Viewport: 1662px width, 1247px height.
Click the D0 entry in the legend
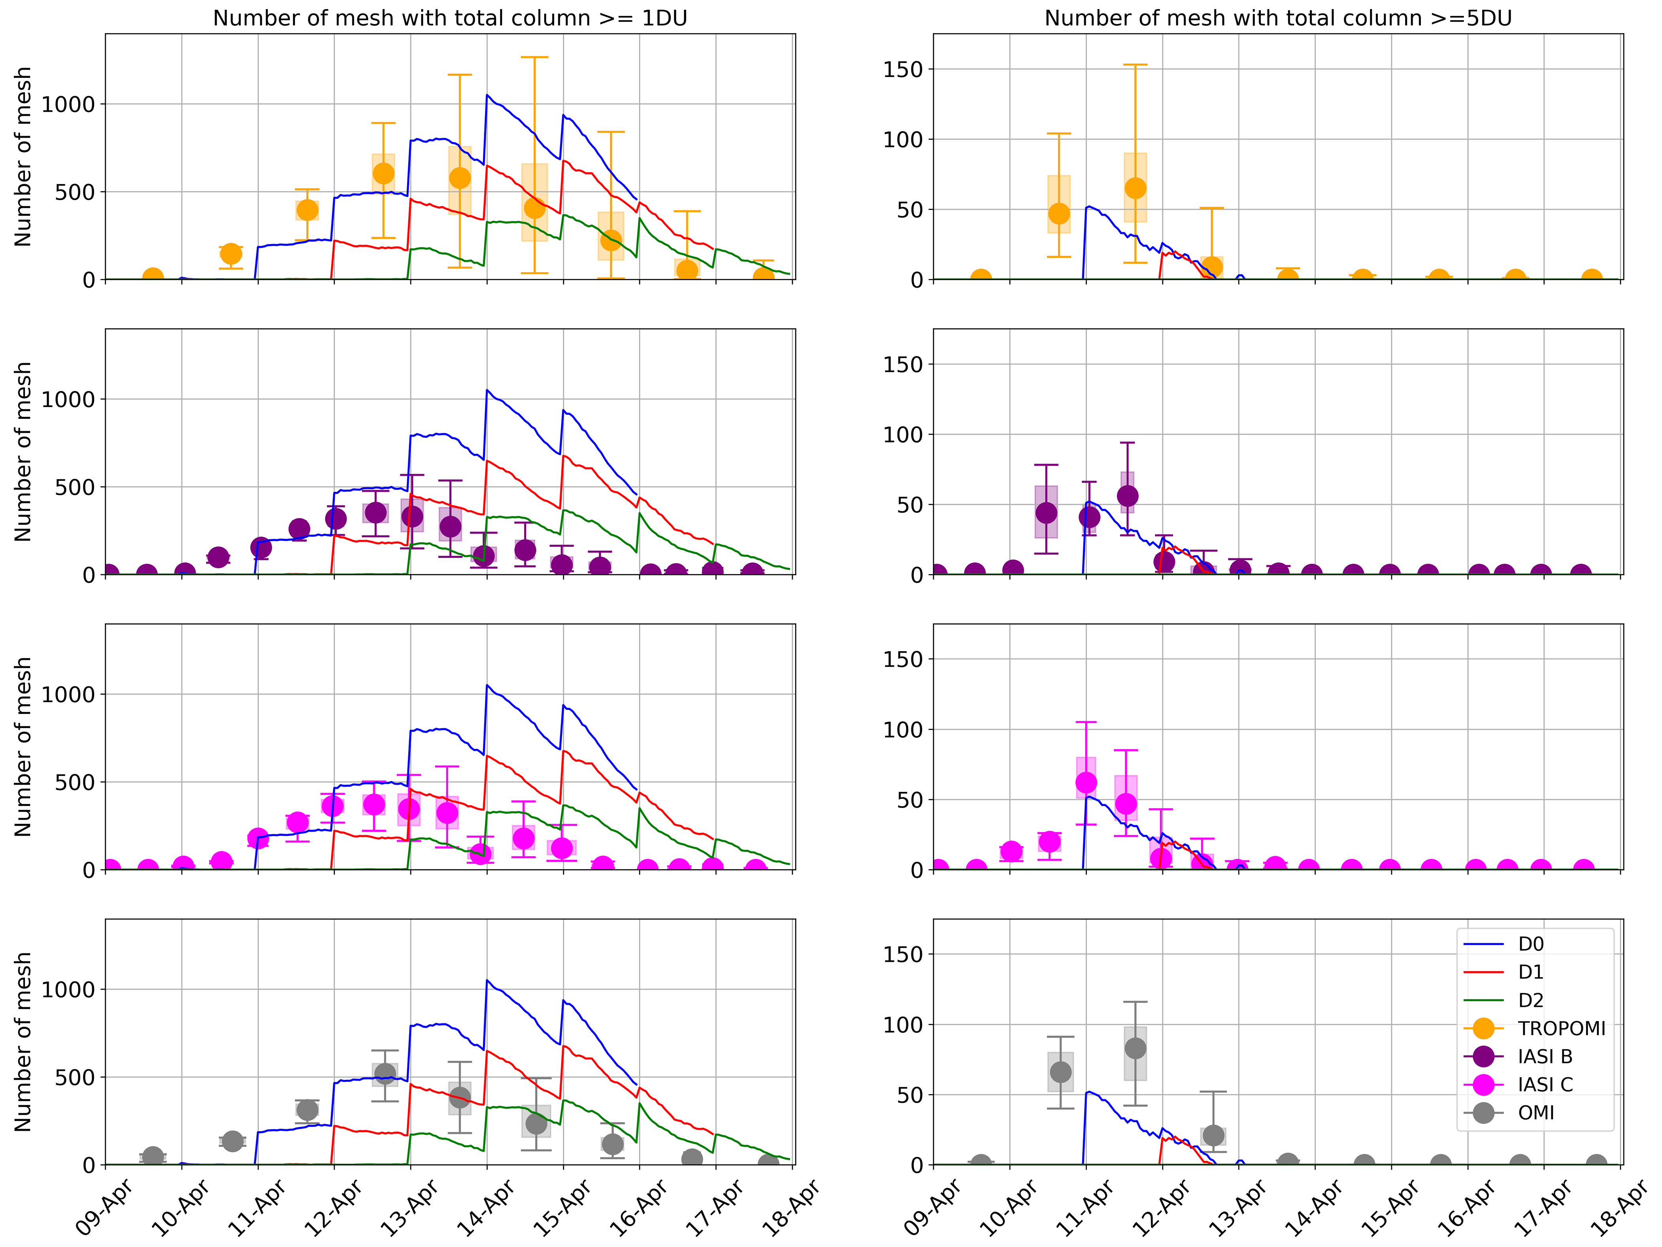tap(1530, 944)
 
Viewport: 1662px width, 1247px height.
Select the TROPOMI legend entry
tap(1560, 1028)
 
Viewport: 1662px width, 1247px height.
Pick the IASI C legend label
tap(1545, 1085)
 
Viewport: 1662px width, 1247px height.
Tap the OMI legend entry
tap(1536, 1113)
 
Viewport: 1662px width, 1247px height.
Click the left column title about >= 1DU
tap(450, 18)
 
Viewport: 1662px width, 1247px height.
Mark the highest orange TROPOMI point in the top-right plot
tap(1135, 188)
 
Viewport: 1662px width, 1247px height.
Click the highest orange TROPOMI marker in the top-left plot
tap(383, 173)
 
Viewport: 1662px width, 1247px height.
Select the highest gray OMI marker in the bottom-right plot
tap(1135, 1048)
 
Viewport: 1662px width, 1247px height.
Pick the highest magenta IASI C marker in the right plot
tap(1086, 783)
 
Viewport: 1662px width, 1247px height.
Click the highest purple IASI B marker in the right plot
tap(1127, 496)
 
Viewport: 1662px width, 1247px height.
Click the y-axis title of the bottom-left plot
tap(23, 1042)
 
